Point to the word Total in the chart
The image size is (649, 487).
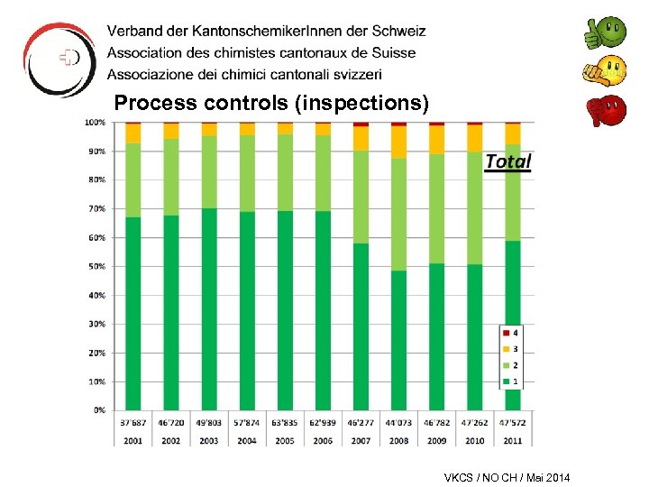507,161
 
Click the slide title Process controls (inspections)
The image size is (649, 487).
271,104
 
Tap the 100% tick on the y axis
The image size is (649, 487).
95,122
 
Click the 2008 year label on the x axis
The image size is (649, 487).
398,439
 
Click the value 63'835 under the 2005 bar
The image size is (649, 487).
285,421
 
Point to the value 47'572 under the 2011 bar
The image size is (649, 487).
512,421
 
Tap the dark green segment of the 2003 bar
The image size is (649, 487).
209,307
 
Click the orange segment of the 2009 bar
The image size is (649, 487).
436,140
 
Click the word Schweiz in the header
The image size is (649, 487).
397,32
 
